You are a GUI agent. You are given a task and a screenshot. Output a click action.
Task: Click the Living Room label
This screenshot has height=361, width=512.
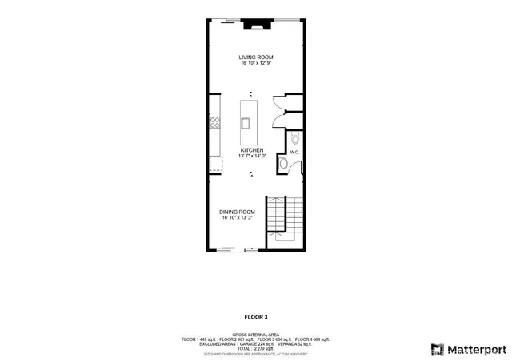(256, 57)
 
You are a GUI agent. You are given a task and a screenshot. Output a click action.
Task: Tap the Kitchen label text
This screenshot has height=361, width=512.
(251, 150)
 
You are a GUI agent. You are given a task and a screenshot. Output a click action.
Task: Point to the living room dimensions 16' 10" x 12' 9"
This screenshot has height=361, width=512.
(256, 63)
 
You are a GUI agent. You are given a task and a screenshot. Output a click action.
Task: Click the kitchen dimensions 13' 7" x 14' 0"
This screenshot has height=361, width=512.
(251, 157)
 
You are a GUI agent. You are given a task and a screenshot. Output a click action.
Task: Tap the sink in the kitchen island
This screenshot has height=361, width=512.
(246, 123)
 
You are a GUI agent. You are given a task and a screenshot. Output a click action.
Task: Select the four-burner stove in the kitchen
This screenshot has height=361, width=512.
(214, 122)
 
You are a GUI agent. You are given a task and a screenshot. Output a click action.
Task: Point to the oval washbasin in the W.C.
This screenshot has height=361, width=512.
(282, 164)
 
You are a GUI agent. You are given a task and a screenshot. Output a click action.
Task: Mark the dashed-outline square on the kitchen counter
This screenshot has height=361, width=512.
(215, 164)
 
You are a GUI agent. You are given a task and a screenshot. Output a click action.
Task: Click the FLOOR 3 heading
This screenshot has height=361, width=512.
(256, 317)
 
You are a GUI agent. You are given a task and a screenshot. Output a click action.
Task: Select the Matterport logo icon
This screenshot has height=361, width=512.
(437, 349)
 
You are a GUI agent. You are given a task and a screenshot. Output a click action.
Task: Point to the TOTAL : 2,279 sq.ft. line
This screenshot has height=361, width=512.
(256, 348)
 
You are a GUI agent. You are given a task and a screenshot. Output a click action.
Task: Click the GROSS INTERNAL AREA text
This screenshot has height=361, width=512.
(256, 334)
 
